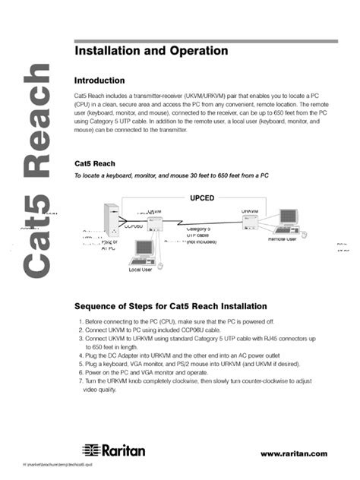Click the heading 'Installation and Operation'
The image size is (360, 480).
[x=150, y=51]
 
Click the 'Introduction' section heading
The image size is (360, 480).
[x=105, y=80]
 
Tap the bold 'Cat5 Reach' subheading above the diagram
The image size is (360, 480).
[x=95, y=163]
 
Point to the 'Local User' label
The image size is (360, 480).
[x=141, y=270]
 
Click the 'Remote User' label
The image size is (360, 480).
[x=282, y=238]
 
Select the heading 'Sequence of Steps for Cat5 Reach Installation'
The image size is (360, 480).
[x=170, y=306]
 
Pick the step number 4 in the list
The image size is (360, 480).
[x=80, y=356]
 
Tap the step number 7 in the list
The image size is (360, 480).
[x=80, y=381]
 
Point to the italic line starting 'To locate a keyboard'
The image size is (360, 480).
[x=171, y=175]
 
